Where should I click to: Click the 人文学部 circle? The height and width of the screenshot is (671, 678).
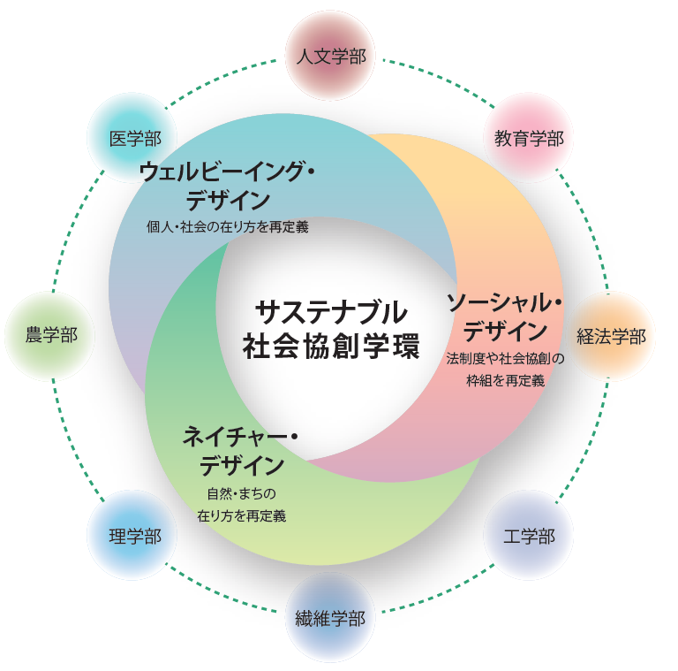[330, 56]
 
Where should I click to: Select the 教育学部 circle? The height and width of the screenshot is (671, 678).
[529, 138]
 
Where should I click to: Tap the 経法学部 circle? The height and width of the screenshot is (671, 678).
[610, 336]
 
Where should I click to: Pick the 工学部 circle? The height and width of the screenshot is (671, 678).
[529, 535]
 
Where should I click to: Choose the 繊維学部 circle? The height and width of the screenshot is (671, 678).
[330, 617]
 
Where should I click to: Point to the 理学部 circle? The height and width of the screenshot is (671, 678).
[132, 535]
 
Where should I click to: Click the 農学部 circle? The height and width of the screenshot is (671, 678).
[50, 336]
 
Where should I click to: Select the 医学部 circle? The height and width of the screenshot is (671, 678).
[132, 138]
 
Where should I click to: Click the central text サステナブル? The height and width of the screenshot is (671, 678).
[331, 313]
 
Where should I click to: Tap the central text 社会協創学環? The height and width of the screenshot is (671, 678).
[331, 347]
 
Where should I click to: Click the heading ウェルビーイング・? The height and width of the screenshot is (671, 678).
[227, 172]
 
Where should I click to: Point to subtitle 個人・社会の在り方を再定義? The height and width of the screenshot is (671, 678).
[228, 227]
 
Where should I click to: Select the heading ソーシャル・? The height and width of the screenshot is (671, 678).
[505, 302]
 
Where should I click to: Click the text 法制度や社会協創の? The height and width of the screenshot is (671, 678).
[506, 358]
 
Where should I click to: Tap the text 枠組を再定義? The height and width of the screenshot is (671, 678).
[506, 380]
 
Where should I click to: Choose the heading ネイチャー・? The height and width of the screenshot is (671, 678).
[240, 437]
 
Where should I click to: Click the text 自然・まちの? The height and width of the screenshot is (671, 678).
[241, 493]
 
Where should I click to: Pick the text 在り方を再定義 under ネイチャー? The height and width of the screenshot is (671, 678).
[241, 515]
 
